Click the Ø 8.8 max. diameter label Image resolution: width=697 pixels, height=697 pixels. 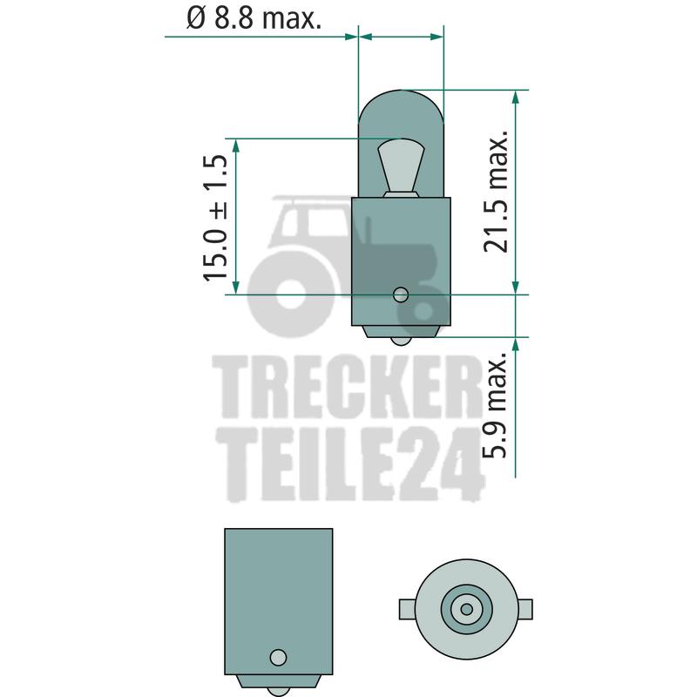(254, 17)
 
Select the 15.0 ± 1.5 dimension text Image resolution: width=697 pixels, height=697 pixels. (215, 218)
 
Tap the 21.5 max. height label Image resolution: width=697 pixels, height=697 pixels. (496, 192)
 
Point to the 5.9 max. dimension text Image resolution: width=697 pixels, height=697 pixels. (496, 404)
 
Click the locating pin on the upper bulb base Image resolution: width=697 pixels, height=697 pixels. (401, 294)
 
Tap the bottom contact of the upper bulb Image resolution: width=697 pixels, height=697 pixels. (401, 341)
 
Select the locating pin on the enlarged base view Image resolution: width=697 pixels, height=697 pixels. (278, 657)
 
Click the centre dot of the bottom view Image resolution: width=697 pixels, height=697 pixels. (466, 609)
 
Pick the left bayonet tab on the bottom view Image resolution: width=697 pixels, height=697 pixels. (408, 609)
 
